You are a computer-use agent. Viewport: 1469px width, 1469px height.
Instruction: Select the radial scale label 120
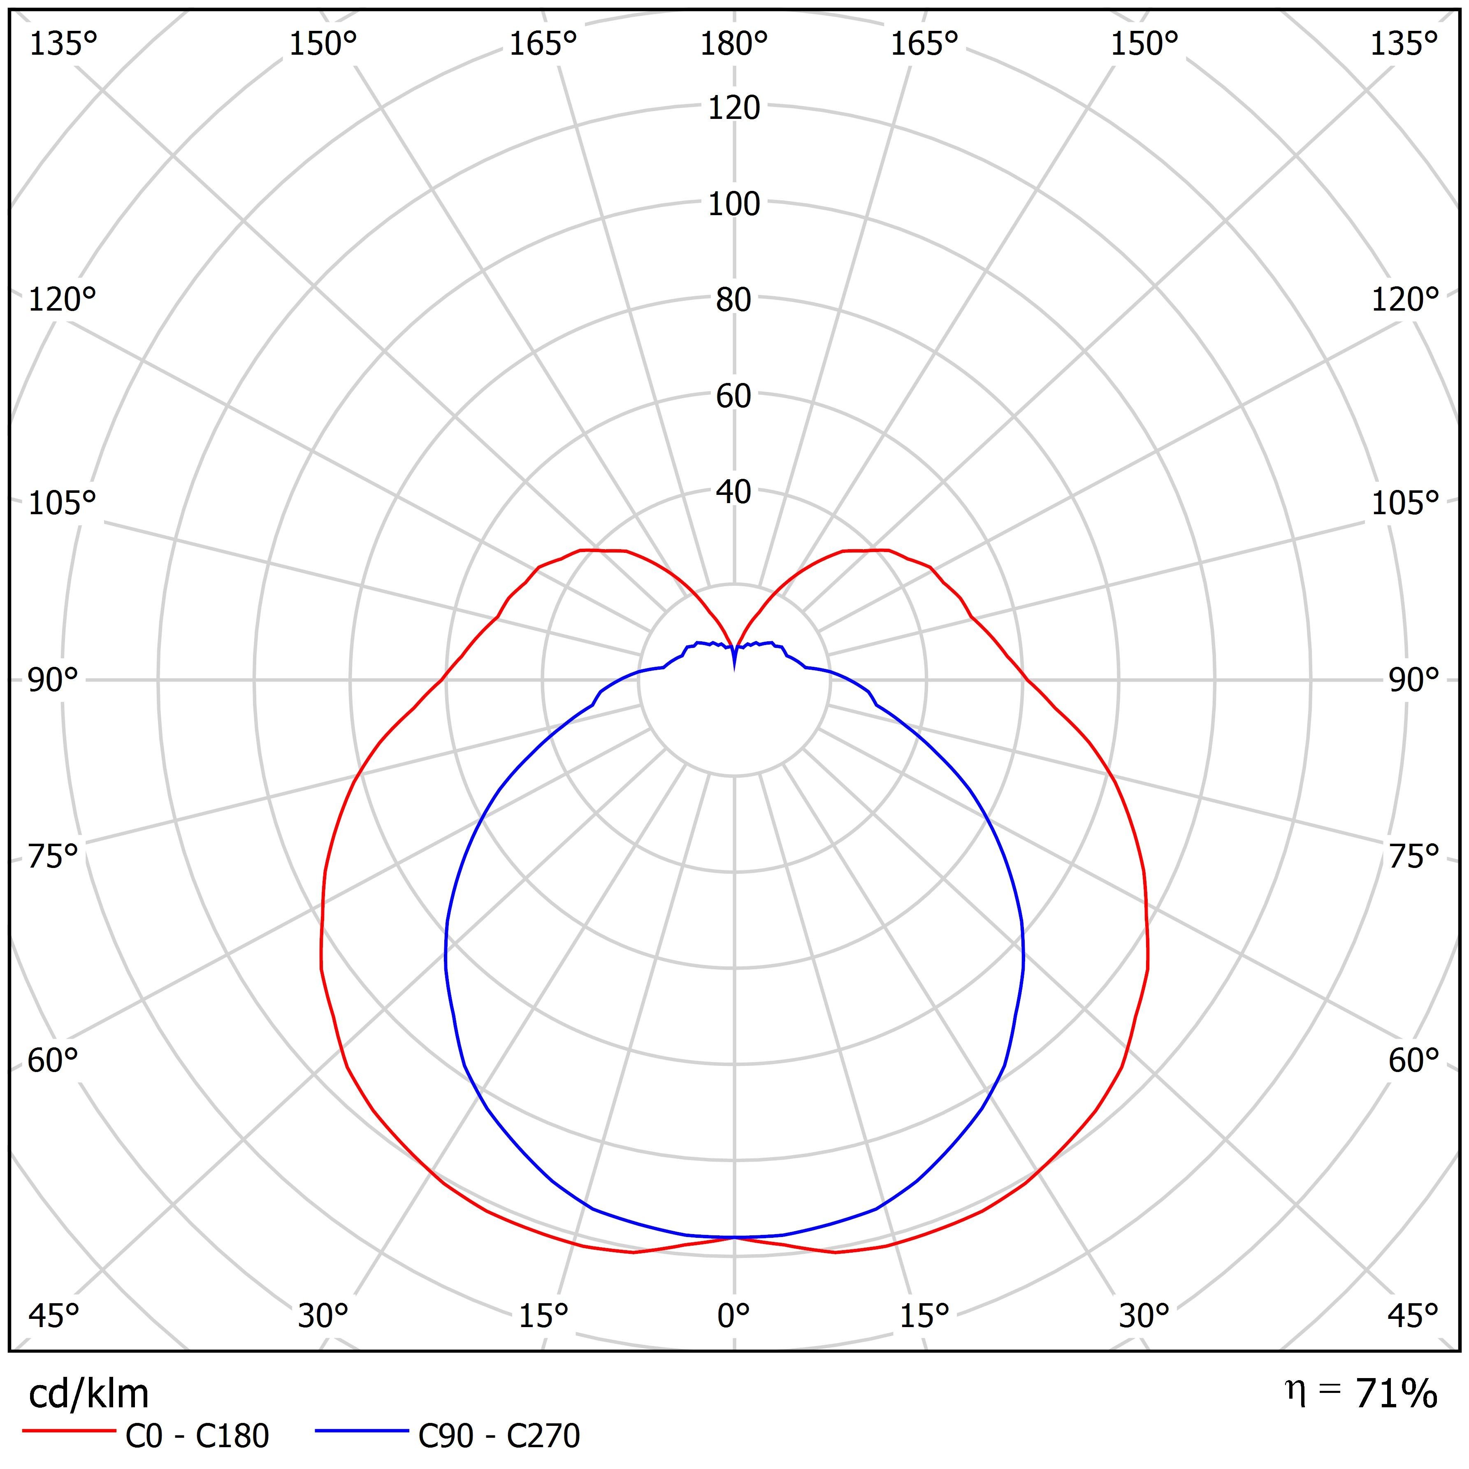(x=734, y=108)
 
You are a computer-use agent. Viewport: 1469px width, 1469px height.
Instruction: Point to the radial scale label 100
(x=734, y=204)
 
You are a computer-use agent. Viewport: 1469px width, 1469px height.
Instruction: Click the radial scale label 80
(x=734, y=299)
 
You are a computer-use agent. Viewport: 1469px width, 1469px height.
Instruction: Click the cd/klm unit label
(x=88, y=1394)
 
